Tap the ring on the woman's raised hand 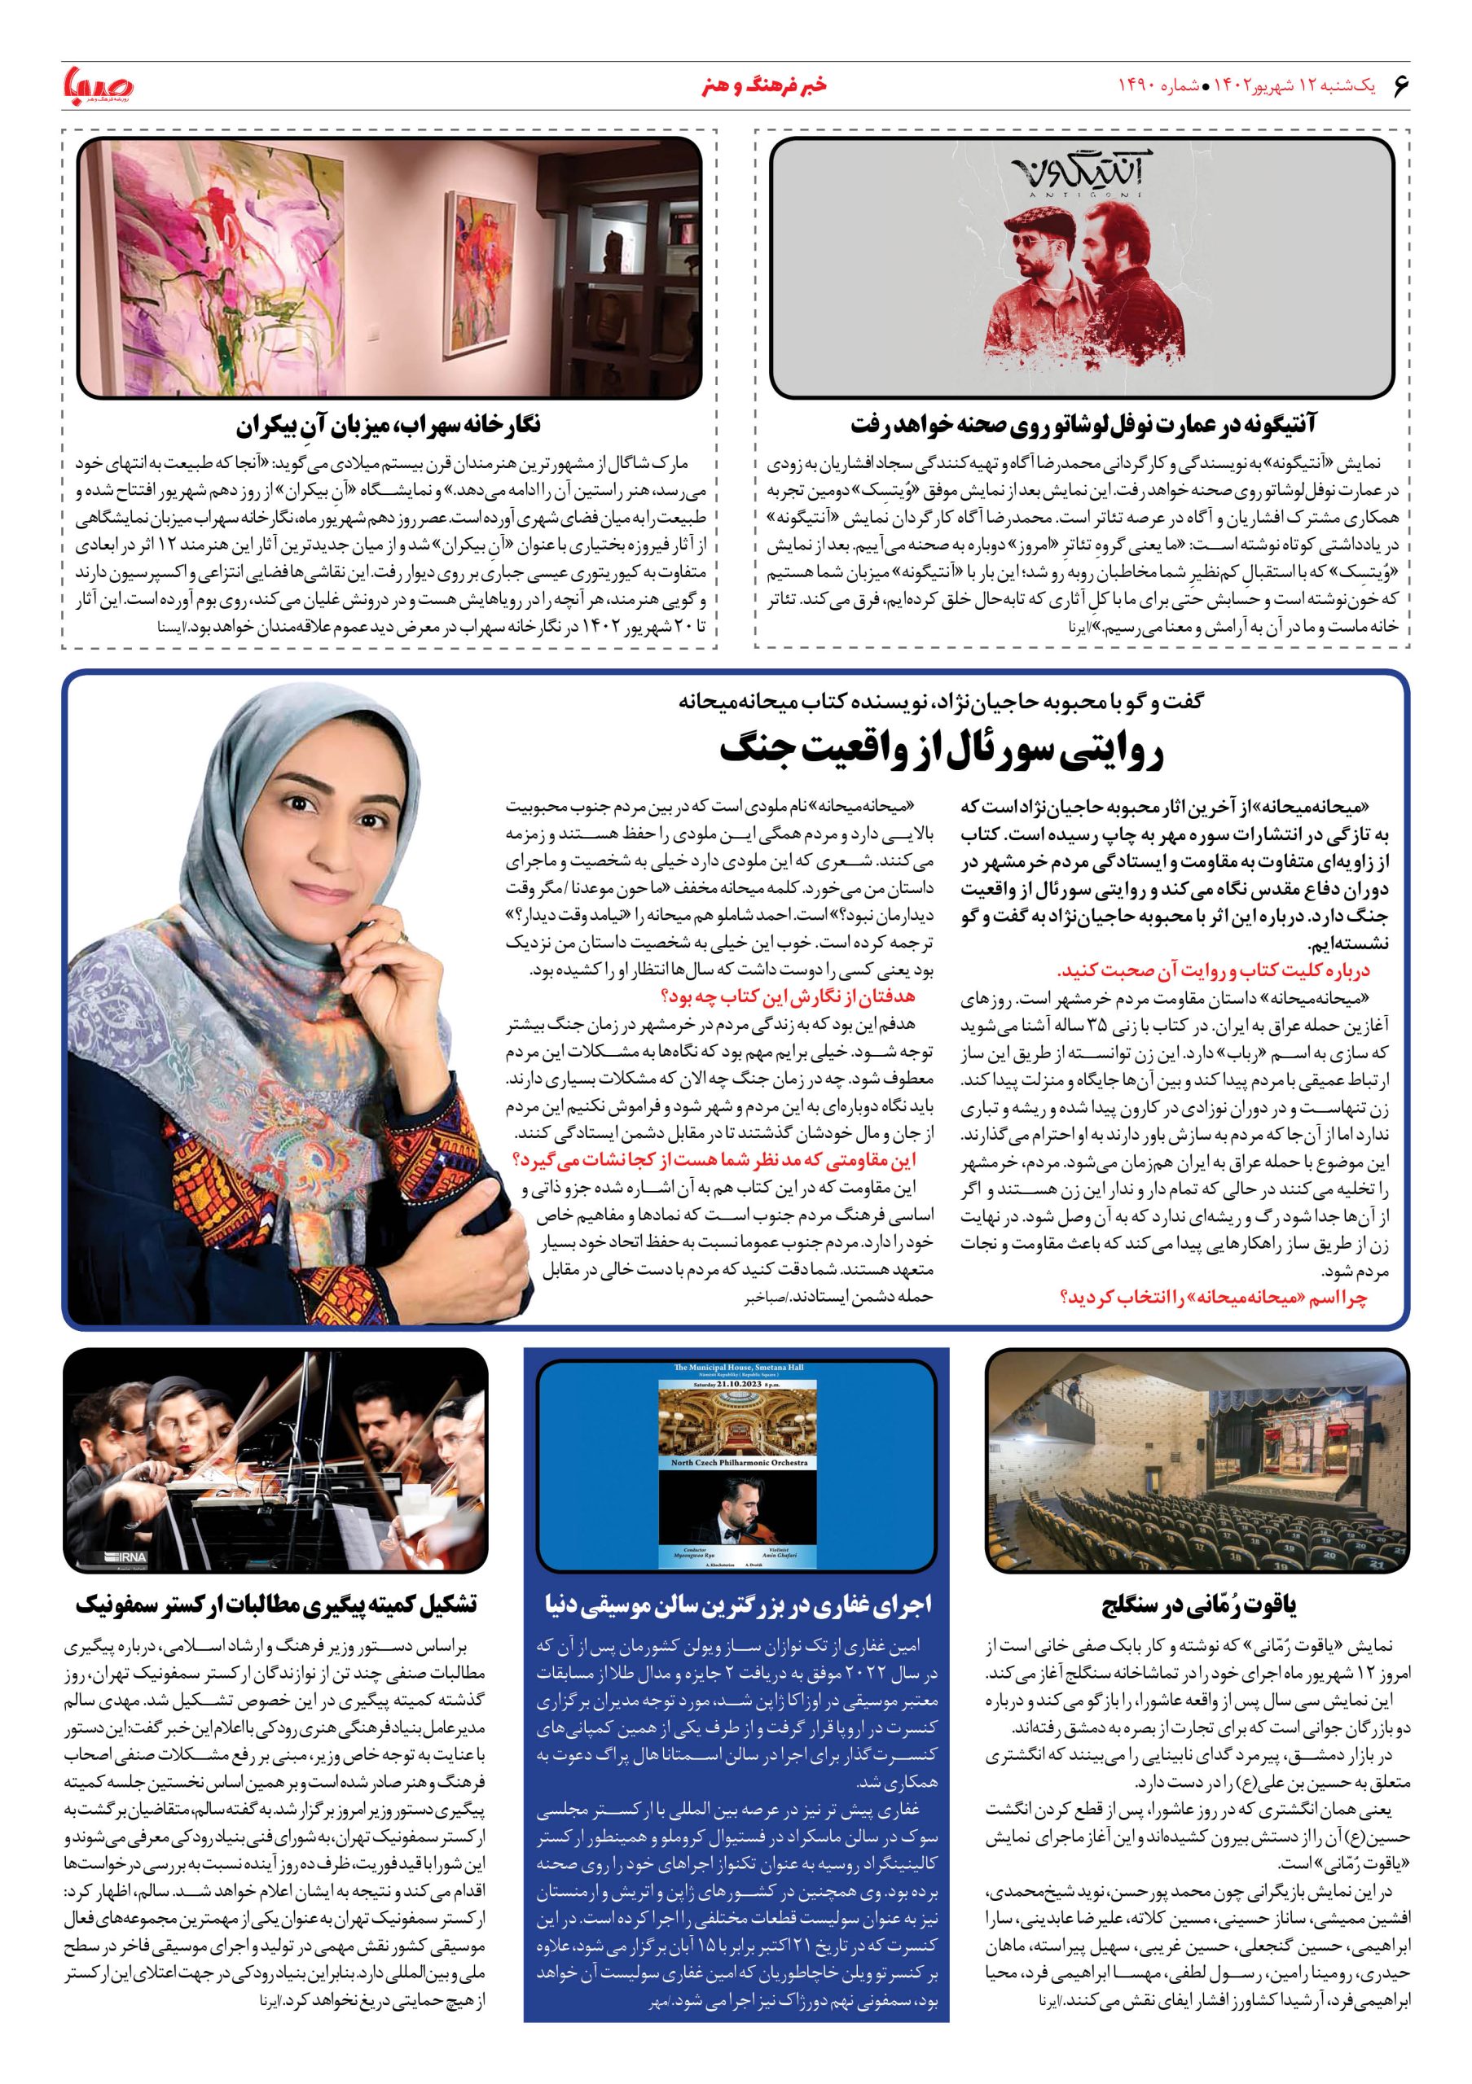pyautogui.click(x=402, y=937)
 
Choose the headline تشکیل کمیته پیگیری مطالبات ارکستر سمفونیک pyautogui.click(x=276, y=1604)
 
